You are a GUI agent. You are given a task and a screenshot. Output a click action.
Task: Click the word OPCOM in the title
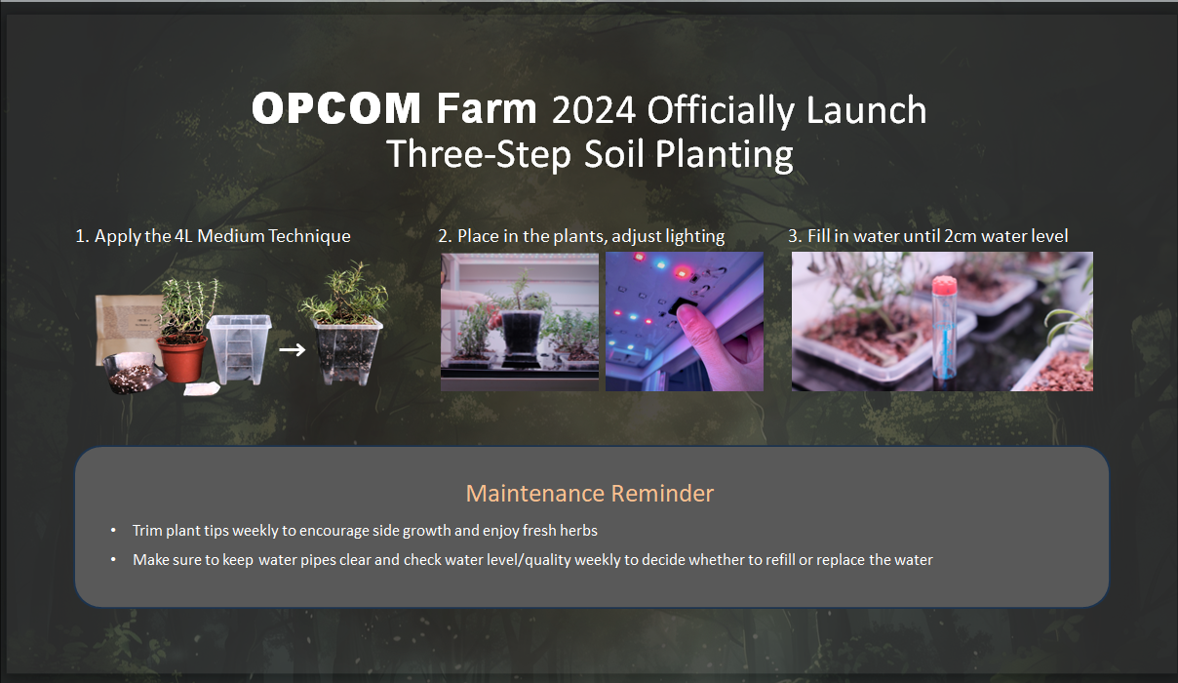tap(336, 108)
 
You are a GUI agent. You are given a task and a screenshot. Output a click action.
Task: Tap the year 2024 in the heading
tap(594, 110)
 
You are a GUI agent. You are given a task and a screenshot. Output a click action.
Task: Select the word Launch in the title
tap(866, 109)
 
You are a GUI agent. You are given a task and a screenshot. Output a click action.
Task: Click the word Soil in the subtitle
tap(613, 154)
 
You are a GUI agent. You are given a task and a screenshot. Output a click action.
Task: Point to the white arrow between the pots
tap(292, 349)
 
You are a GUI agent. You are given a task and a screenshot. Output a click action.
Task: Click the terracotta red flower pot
tap(182, 359)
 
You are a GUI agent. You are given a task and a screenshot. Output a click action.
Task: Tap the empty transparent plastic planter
tap(239, 349)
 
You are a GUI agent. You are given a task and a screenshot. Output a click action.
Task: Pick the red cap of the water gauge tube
tap(944, 286)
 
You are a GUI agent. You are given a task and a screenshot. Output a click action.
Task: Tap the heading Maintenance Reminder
tap(590, 493)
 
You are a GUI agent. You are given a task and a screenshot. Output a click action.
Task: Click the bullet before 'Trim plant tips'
tap(113, 531)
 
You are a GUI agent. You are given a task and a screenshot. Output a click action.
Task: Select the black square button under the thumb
tap(682, 306)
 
